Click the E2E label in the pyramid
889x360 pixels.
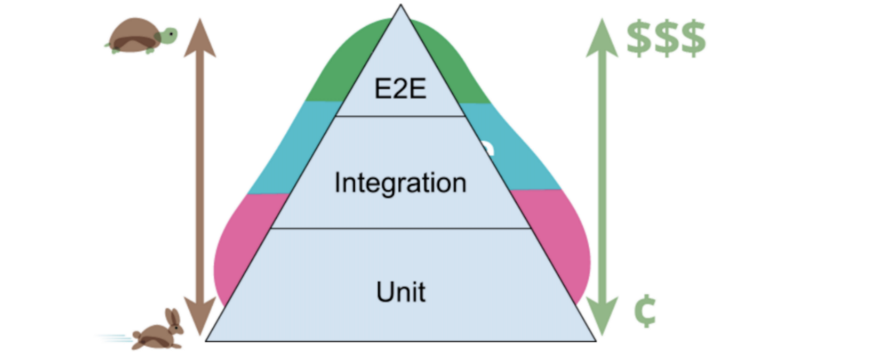[x=400, y=88]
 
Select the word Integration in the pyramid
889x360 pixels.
[x=400, y=183]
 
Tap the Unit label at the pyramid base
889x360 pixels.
[x=401, y=292]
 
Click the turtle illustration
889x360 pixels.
[x=139, y=36]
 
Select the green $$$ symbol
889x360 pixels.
[x=665, y=39]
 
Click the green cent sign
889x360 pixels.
[x=645, y=311]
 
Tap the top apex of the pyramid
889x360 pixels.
[x=401, y=6]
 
